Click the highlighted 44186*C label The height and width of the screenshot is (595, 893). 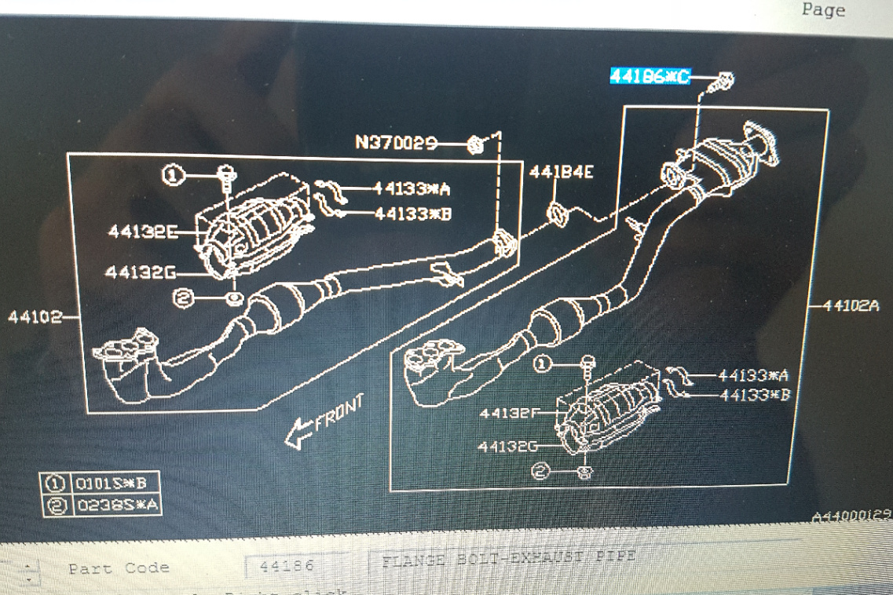(650, 76)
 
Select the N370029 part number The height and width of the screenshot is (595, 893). (396, 142)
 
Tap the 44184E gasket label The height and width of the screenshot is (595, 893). (561, 172)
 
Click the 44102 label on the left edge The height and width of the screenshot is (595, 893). (35, 317)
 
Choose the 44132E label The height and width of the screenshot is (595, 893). (142, 231)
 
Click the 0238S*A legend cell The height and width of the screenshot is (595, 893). (115, 506)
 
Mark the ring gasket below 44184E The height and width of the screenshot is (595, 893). (556, 212)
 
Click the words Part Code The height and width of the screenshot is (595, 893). (119, 568)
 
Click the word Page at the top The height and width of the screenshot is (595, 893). (823, 10)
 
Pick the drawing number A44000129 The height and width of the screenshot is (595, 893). (851, 516)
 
